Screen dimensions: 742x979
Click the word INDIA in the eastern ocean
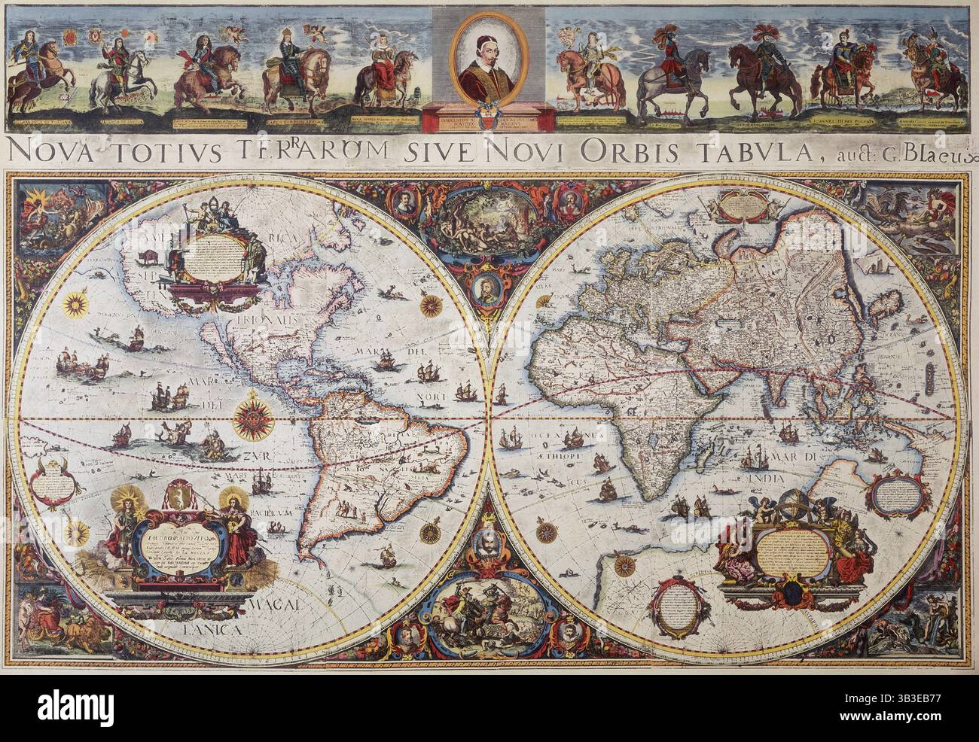762,477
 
